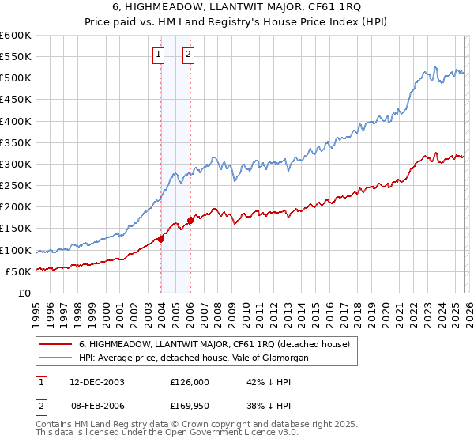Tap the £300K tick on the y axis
point(15,165)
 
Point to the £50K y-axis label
point(18,271)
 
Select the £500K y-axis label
point(15,78)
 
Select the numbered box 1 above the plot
point(159,55)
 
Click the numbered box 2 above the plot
point(190,55)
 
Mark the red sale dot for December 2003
point(161,238)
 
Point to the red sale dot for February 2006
point(190,220)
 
